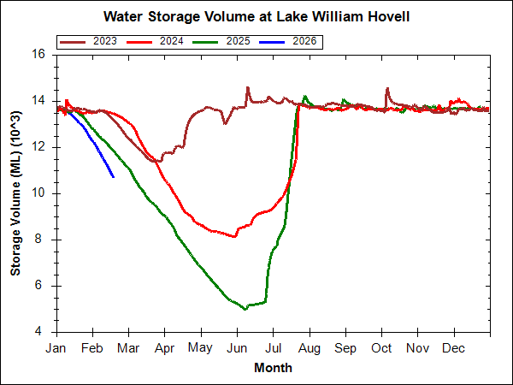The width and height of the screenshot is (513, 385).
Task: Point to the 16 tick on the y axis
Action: (38, 54)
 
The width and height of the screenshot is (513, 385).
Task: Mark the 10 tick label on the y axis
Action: (38, 193)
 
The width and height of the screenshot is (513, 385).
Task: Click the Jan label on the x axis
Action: (56, 348)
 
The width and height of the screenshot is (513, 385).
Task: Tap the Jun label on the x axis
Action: (237, 348)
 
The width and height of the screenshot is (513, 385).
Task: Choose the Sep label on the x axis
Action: (345, 348)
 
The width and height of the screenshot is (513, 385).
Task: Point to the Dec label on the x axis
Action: (453, 348)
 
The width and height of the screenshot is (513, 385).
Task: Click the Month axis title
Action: (274, 368)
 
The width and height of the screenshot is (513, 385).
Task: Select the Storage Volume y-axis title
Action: (17, 192)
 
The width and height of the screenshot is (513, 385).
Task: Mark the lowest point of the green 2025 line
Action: (245, 309)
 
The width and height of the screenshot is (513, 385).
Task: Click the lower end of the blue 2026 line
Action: (114, 177)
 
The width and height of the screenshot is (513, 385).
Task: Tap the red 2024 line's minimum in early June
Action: (235, 236)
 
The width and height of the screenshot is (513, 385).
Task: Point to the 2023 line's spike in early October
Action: (387, 87)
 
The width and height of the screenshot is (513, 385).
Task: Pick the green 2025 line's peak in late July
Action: (305, 96)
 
